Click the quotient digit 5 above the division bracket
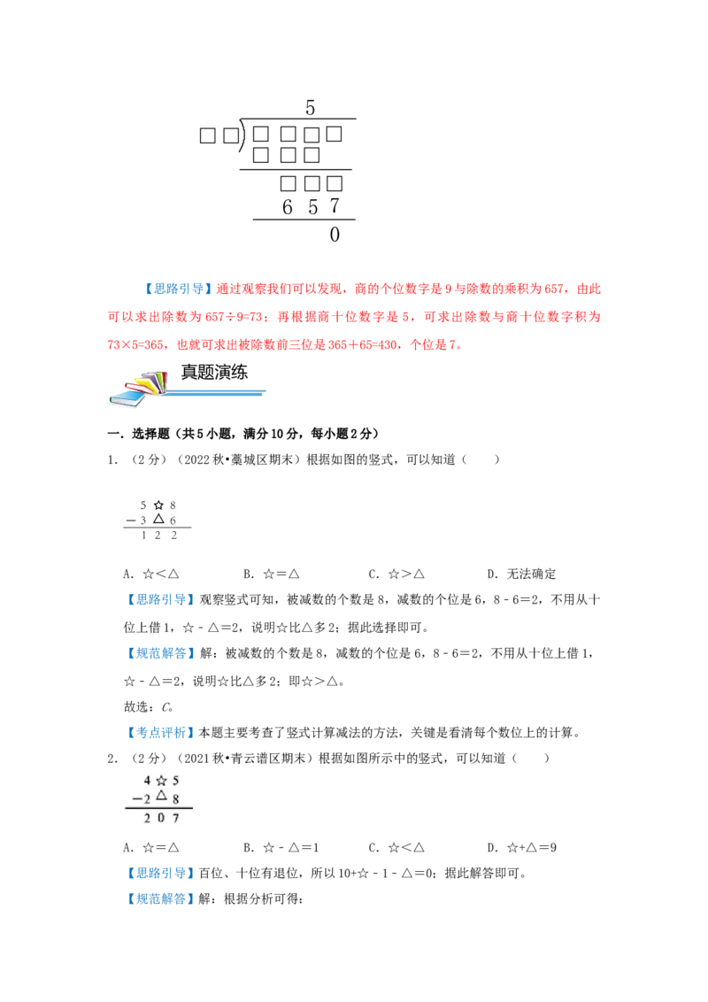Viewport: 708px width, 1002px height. coord(310,107)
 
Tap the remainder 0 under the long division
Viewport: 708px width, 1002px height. coord(335,235)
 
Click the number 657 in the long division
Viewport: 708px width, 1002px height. coord(311,206)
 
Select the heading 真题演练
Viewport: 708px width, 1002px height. coord(214,372)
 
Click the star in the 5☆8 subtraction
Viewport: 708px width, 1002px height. coord(158,505)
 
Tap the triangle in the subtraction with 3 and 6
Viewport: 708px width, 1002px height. coord(158,519)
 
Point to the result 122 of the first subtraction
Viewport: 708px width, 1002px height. coord(158,536)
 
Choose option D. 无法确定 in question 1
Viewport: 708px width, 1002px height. coord(521,574)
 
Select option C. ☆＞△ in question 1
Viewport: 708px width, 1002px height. coord(396,574)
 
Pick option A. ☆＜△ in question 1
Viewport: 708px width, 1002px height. coord(150,574)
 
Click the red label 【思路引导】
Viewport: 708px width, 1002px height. coord(176,289)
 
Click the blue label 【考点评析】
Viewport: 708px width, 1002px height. coord(160,732)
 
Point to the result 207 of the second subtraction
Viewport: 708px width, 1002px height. coord(161,818)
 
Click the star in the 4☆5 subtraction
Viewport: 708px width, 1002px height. coord(161,780)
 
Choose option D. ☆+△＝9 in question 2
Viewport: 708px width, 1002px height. coord(521,848)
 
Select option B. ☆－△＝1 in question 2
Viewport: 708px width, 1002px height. coord(281,848)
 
